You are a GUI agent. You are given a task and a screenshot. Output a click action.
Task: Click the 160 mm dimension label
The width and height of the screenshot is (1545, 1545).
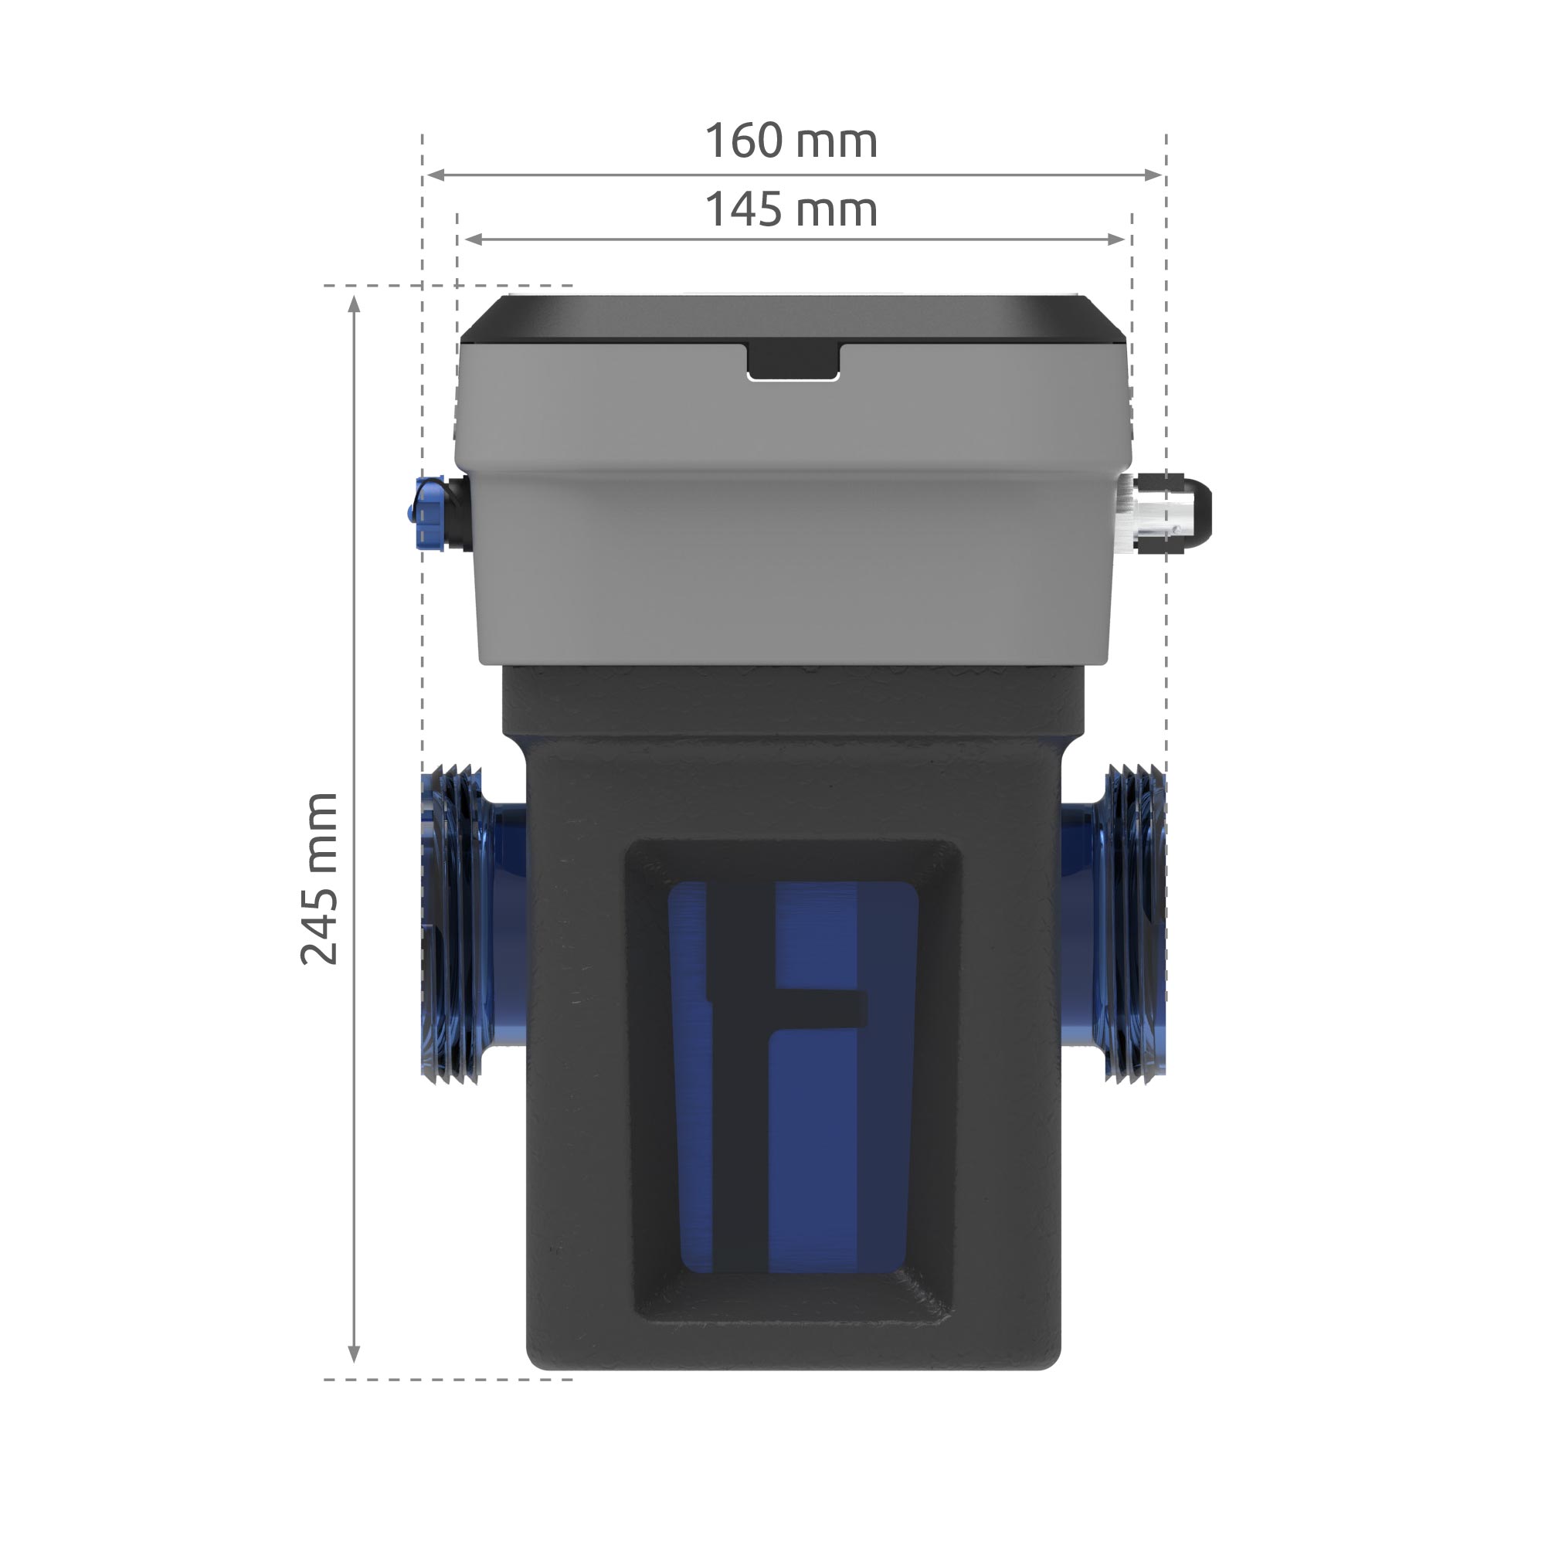coord(791,141)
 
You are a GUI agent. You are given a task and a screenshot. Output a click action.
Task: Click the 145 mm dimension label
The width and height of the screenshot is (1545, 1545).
coord(791,210)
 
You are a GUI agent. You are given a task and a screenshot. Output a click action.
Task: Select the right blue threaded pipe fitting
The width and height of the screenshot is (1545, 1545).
coord(1132,923)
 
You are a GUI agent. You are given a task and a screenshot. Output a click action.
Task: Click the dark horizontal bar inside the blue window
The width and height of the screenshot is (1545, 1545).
coord(823,1008)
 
